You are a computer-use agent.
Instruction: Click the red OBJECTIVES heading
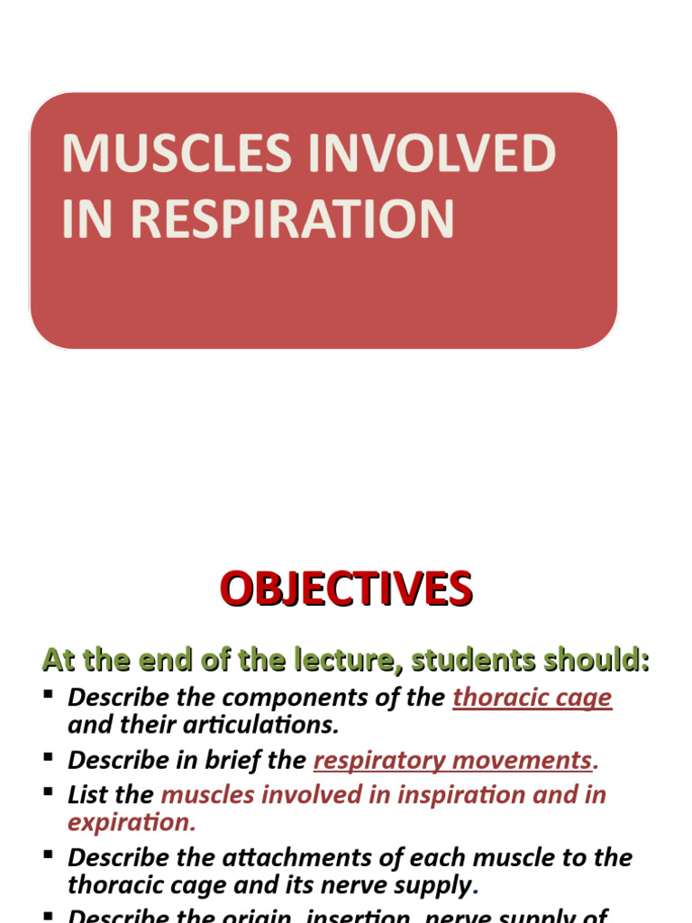pos(346,590)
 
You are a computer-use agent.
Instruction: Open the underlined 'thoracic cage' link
pos(533,698)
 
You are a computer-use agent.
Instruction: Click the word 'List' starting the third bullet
pos(86,795)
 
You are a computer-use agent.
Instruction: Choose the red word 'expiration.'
pos(132,821)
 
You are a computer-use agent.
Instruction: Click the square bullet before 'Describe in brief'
pos(49,757)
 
